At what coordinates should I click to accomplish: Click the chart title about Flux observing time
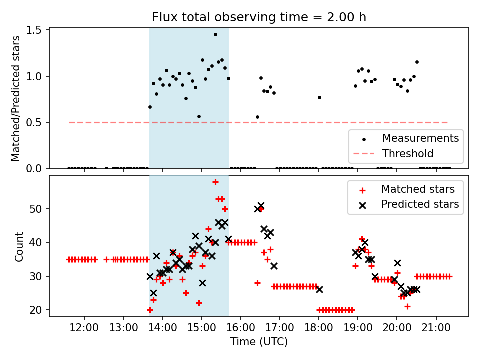coord(259,17)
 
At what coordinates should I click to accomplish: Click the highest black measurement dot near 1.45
coord(215,35)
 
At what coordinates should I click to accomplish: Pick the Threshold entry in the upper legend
coord(407,153)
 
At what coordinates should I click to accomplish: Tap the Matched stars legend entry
coord(418,189)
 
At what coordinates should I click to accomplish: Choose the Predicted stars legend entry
coord(420,204)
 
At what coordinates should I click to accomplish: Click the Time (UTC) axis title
coord(259,342)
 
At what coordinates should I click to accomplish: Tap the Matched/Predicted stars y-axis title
coord(16,98)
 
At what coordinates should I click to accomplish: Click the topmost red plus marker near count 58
coord(215,182)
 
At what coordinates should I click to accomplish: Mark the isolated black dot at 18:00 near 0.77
coord(319,97)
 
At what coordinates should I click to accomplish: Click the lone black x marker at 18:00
coord(319,289)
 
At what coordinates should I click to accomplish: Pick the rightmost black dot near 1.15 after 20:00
coord(417,62)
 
